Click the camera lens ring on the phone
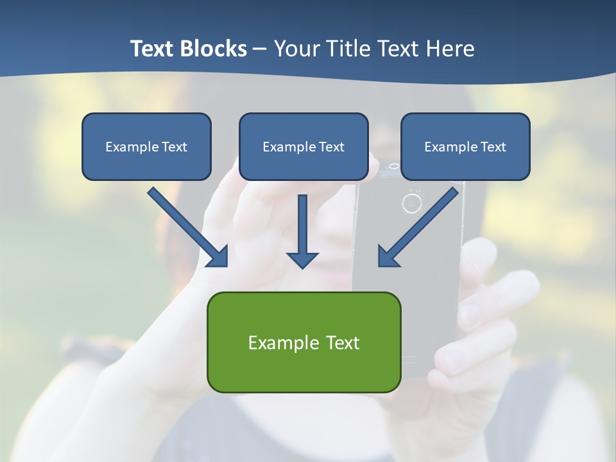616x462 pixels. (411, 204)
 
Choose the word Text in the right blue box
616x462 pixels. (493, 147)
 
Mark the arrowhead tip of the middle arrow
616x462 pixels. (302, 266)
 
